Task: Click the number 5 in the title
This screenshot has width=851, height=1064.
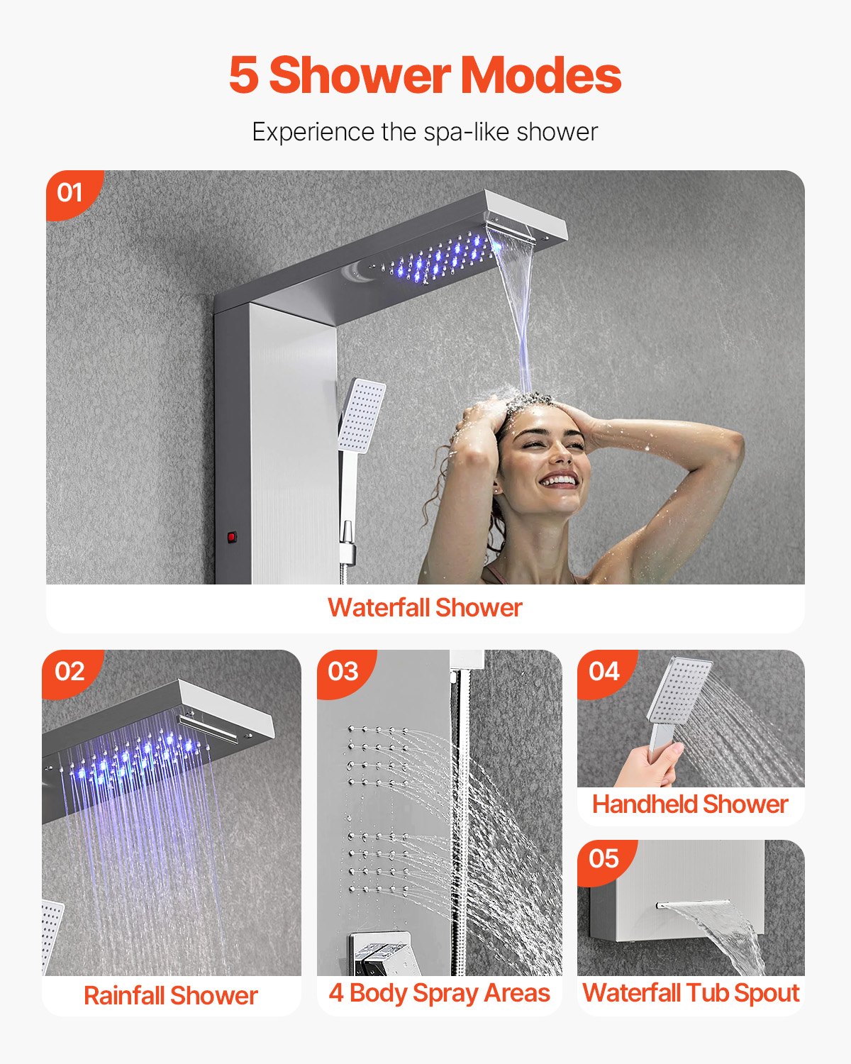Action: (243, 75)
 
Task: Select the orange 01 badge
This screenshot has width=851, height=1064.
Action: (69, 192)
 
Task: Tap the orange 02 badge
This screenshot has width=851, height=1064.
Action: (69, 671)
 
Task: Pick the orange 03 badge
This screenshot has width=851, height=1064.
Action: (343, 671)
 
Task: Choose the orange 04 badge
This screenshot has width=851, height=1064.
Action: (604, 671)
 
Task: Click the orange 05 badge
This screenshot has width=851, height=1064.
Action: (604, 859)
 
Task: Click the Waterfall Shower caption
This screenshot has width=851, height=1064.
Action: (425, 608)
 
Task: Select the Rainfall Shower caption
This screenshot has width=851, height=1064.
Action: (170, 995)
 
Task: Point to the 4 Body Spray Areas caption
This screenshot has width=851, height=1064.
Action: (439, 993)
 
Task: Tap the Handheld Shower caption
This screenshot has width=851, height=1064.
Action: (690, 804)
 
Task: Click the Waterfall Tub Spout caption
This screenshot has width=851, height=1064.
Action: (691, 993)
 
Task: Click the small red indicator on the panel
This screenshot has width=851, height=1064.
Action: (231, 537)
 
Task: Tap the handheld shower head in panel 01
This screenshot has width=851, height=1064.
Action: (362, 416)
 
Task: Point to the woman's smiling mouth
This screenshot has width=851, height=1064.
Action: (560, 482)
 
